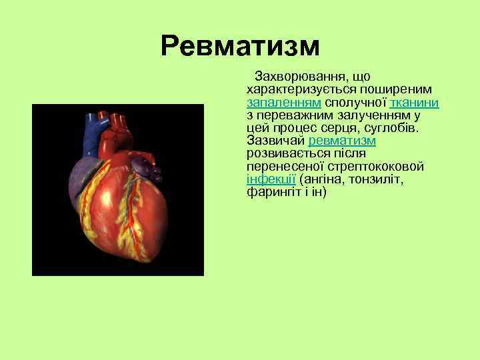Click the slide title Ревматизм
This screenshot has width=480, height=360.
click(240, 46)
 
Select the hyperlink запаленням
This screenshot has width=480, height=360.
click(284, 103)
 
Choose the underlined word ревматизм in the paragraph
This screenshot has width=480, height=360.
click(343, 141)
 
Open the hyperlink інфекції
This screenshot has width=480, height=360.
click(271, 179)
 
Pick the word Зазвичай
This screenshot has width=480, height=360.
click(275, 141)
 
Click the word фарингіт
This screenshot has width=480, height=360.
click(271, 192)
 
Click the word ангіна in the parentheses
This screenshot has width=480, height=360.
click(323, 179)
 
